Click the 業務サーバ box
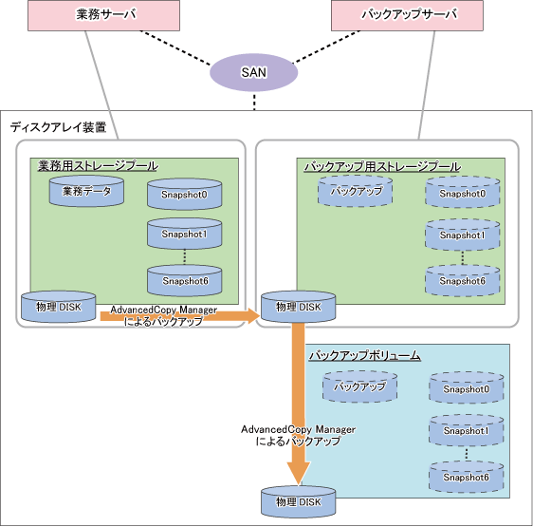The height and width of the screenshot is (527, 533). coord(103,15)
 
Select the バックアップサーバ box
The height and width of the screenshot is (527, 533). coord(407,15)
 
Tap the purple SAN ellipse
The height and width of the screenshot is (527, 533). coord(253,72)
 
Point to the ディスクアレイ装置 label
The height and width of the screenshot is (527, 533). coord(58,127)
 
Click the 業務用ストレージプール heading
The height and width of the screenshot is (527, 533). coord(98,166)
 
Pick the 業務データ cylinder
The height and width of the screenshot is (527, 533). coord(86,191)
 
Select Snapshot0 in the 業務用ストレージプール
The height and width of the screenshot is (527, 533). coord(185,194)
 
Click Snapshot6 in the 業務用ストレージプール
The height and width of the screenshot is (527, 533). coord(185,280)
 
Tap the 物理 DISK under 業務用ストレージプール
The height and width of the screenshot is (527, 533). coord(59,307)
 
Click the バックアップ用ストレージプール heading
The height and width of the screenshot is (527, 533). coord(382,166)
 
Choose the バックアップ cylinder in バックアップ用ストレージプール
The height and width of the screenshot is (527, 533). coord(356,191)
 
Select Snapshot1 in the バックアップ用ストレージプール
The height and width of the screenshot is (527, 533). coord(462,235)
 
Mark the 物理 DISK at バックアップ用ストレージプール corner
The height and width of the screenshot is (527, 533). coord(298,307)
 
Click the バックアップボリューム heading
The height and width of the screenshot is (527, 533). coord(365,356)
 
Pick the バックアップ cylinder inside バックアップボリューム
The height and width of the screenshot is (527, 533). coord(359,386)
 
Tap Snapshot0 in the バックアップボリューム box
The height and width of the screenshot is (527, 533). coord(467,388)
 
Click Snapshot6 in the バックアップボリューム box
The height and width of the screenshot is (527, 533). coord(467,477)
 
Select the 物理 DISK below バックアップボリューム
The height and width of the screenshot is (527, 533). coord(298,501)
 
